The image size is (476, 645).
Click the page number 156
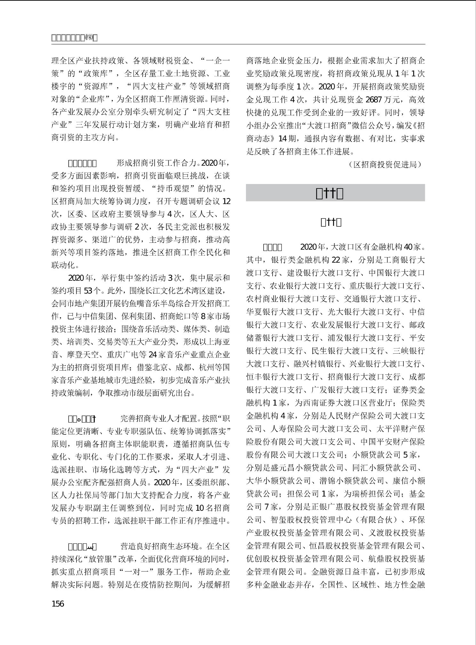pyautogui.click(x=58, y=603)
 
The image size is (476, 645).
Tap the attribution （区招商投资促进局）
pyautogui.click(x=385, y=165)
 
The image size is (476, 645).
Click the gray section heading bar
pyautogui.click(x=335, y=193)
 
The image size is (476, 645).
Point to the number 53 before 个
pyautogui.click(x=88, y=291)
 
